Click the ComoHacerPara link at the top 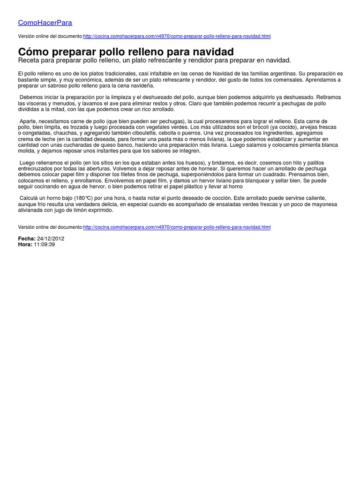coord(45,22)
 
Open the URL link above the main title coord(177,36)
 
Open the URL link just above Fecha coord(177,227)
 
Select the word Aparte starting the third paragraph coord(28,121)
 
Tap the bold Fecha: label coord(27,239)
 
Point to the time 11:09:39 coord(45,245)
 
